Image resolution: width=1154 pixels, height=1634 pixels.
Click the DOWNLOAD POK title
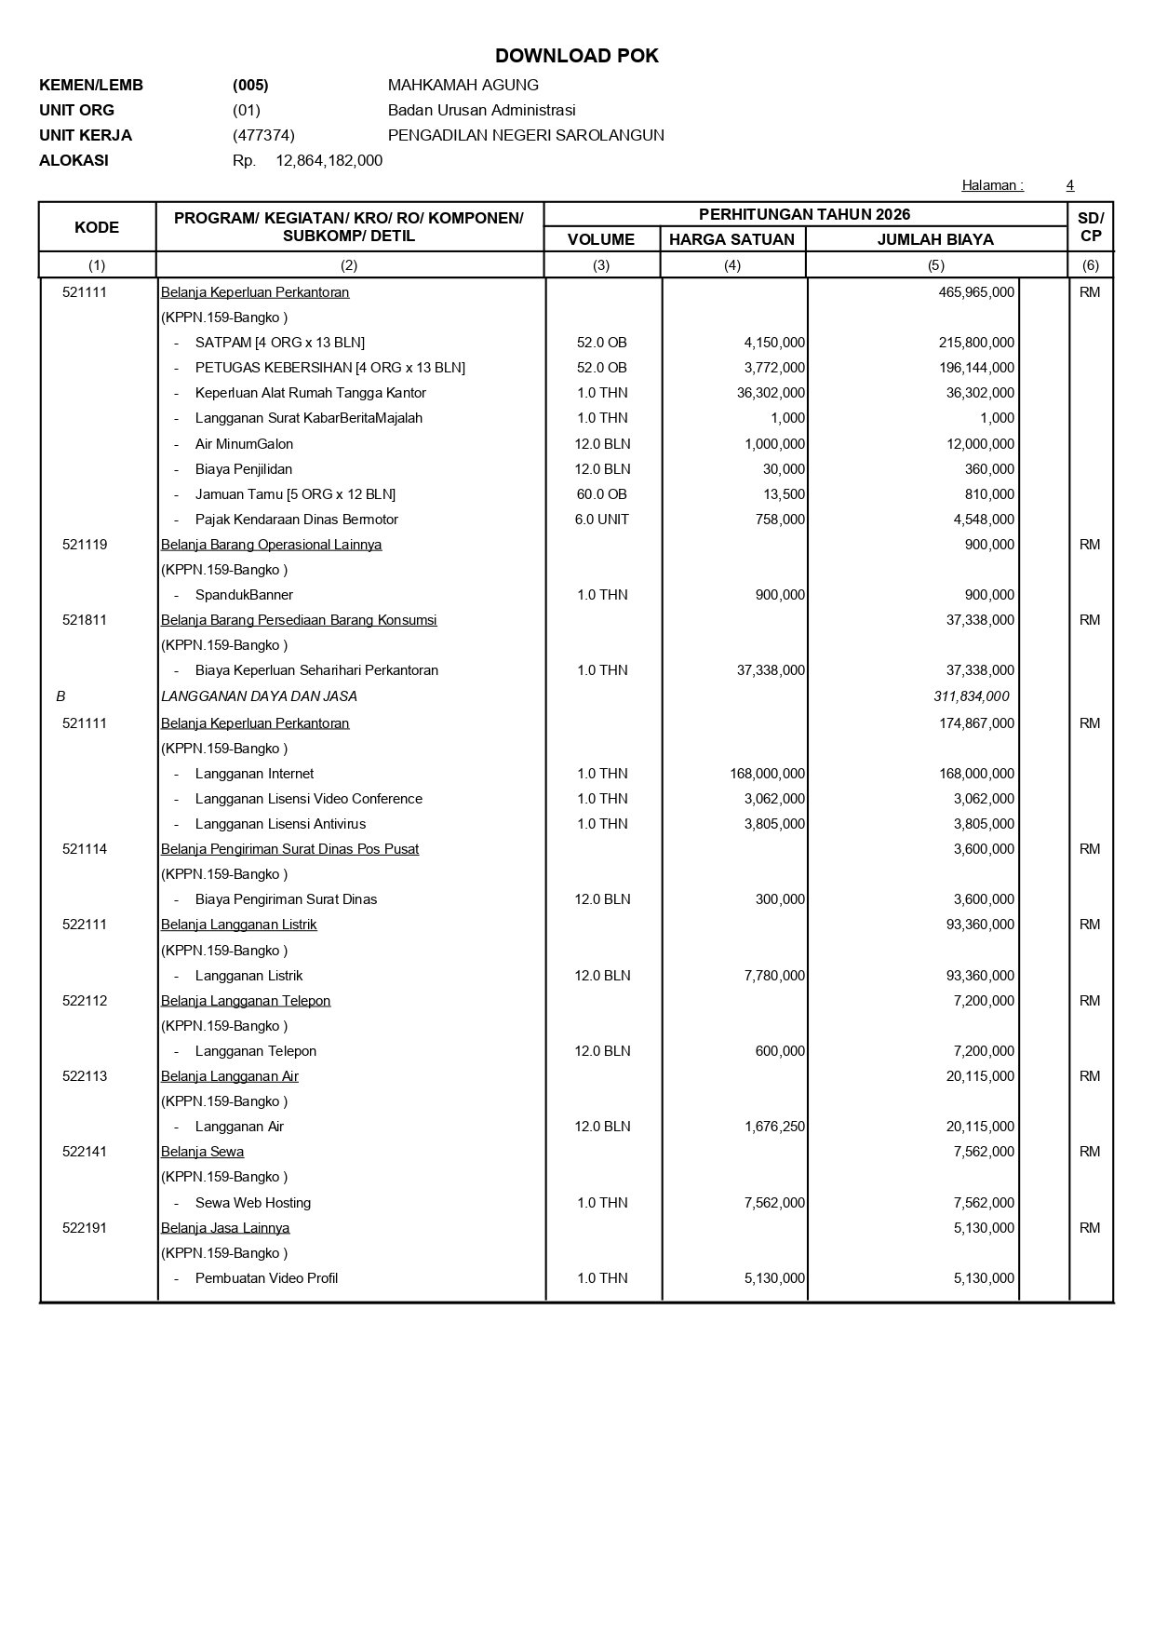[x=576, y=56]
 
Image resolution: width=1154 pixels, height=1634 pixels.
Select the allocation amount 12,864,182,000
[x=329, y=160]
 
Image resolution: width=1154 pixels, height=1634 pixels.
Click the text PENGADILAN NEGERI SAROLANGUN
[x=526, y=135]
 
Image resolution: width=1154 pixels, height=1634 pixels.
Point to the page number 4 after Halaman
[x=1069, y=185]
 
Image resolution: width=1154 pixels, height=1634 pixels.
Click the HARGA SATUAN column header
[x=731, y=239]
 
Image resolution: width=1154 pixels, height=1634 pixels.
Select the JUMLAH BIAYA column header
[x=935, y=239]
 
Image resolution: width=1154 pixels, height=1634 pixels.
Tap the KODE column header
[x=97, y=227]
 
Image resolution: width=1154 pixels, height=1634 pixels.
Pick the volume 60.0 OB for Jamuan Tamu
[x=601, y=494]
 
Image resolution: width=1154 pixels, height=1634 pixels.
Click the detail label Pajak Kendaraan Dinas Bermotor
[x=296, y=520]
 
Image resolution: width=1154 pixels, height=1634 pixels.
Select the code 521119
[x=85, y=545]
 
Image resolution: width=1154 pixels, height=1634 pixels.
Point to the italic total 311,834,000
[x=971, y=696]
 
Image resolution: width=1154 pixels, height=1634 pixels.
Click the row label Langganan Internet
[x=254, y=774]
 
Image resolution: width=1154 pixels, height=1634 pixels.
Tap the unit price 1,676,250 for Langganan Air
[x=774, y=1127]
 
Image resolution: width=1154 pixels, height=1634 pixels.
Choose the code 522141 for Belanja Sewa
[x=85, y=1152]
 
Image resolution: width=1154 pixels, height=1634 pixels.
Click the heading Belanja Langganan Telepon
[x=246, y=1001]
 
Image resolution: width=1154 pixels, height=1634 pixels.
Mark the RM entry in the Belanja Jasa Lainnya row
[x=1090, y=1228]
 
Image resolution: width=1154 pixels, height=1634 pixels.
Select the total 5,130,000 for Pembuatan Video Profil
[x=984, y=1278]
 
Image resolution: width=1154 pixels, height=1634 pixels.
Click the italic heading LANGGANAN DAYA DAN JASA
[x=259, y=696]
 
